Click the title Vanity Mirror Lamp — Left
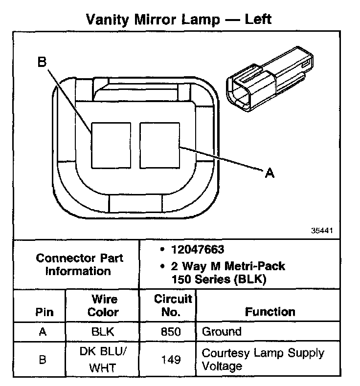pyautogui.click(x=179, y=19)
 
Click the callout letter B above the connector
pyautogui.click(x=42, y=62)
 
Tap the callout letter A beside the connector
pyautogui.click(x=269, y=172)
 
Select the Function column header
pyautogui.click(x=270, y=312)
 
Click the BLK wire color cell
pyautogui.click(x=103, y=332)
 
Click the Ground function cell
pyautogui.click(x=222, y=332)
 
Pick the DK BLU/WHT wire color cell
pyautogui.click(x=103, y=359)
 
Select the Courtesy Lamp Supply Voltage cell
pyautogui.click(x=263, y=359)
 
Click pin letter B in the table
pyautogui.click(x=43, y=360)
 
